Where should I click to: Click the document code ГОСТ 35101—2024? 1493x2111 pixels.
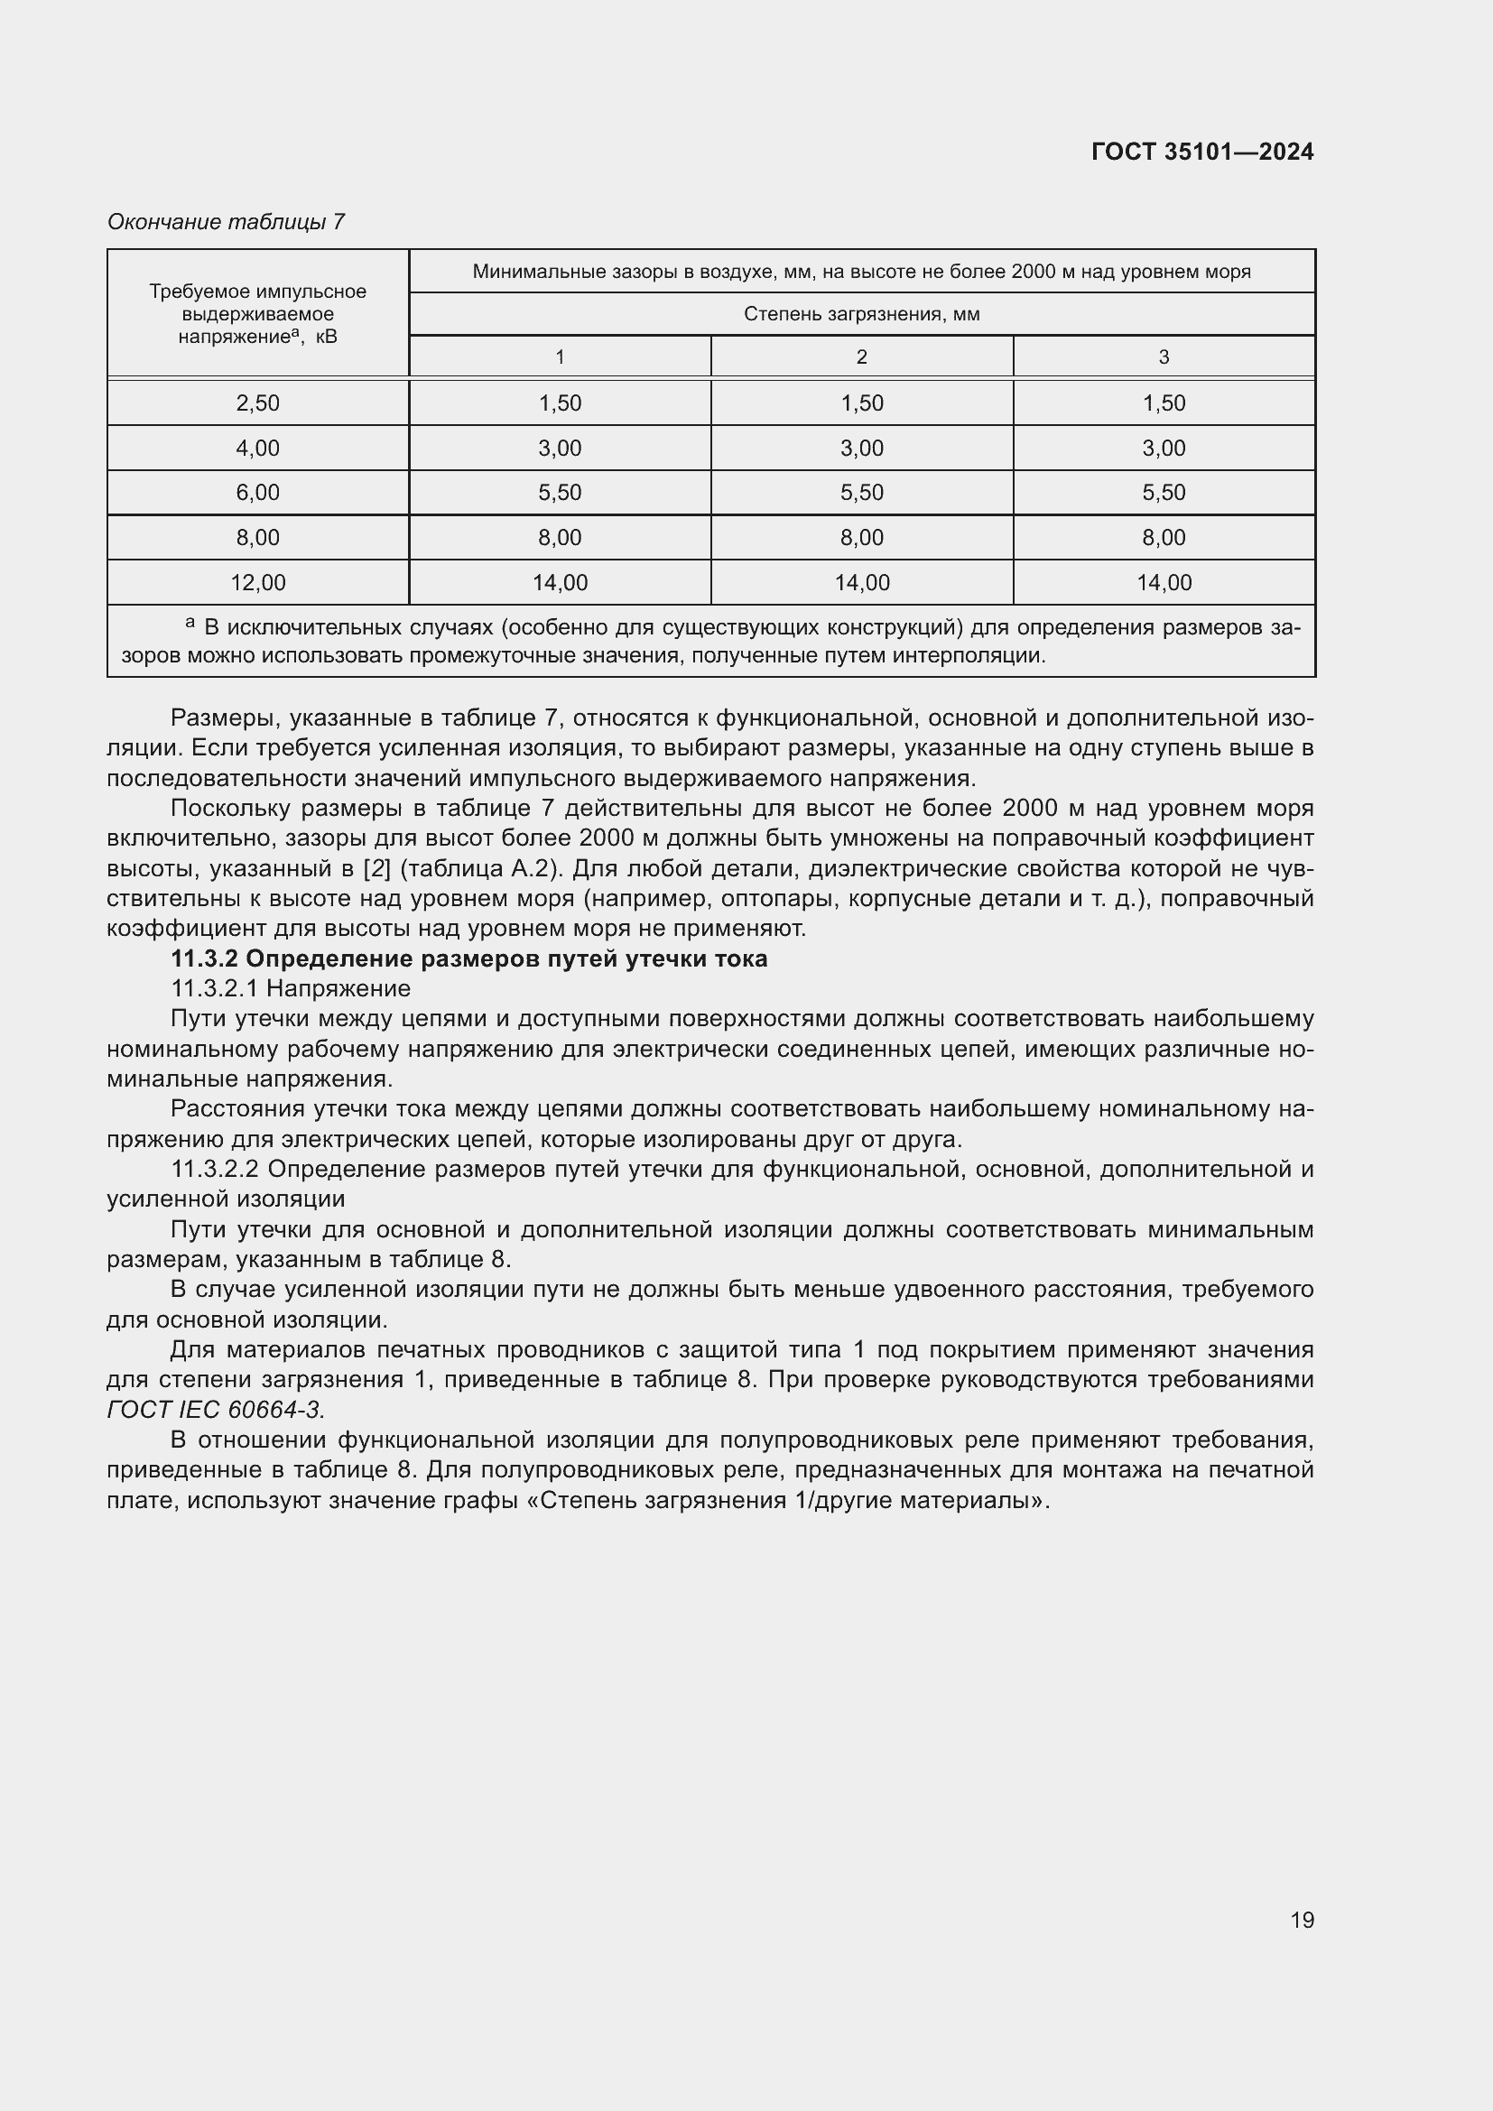(1201, 152)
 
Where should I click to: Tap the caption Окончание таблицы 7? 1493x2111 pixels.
(226, 222)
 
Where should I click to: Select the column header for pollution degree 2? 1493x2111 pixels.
(861, 356)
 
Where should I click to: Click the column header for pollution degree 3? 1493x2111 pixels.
(1163, 356)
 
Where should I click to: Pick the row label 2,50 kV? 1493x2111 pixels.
(257, 403)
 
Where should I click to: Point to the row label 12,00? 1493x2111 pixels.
(257, 582)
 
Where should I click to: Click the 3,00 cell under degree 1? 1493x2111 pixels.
(559, 448)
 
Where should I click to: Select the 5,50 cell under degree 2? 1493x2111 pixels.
(861, 492)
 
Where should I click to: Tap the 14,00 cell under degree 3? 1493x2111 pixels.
(1163, 582)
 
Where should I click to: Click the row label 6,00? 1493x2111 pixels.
(257, 492)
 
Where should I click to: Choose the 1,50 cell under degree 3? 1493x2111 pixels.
(1163, 403)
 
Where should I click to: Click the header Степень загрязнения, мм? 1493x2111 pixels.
(861, 314)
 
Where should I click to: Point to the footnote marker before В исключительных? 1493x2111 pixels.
(190, 623)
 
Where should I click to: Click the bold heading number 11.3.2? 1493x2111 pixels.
(204, 959)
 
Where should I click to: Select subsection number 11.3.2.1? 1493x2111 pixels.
(215, 988)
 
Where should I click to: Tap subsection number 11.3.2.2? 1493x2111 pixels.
(215, 1170)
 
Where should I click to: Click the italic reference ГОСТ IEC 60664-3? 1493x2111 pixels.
(215, 1410)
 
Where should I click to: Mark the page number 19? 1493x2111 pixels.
(1302, 1920)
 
